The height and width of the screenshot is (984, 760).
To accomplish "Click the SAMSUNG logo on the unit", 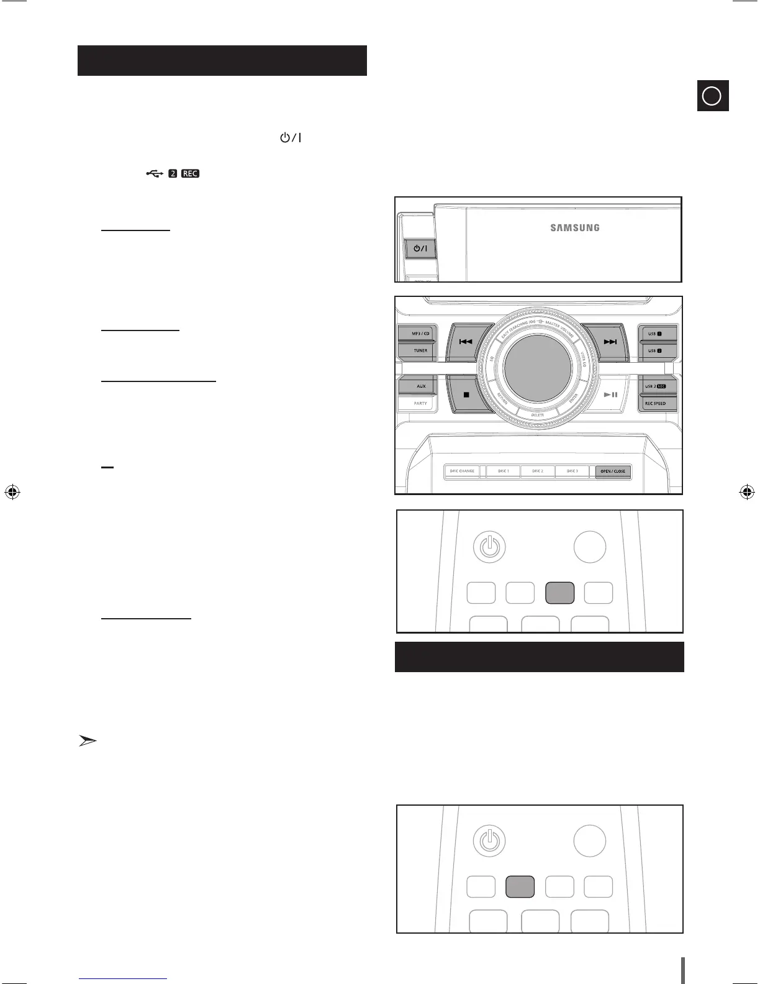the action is tap(575, 228).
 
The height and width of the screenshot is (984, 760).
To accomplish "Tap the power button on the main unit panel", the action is tap(420, 249).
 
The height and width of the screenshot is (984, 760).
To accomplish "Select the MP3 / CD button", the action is tap(420, 334).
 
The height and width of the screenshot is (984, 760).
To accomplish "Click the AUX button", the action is tap(420, 386).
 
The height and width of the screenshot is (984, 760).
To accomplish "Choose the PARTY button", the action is tap(420, 404).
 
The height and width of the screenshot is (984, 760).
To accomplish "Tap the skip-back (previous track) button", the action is tap(464, 342).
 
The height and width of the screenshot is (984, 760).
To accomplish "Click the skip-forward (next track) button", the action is tap(609, 342).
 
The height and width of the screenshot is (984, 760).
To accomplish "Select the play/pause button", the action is tap(610, 394).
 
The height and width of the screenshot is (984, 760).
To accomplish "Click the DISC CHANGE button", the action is tap(462, 471).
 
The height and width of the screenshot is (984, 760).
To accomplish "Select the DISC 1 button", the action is tap(503, 471).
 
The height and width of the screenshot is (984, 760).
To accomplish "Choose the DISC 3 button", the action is tap(572, 471).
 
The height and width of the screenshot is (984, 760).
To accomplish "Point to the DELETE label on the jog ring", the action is tap(538, 415).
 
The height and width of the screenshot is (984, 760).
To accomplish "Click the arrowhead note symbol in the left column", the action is tap(88, 740).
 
